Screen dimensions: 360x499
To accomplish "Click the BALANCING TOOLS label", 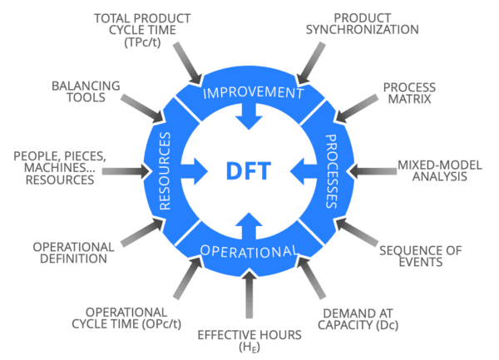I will point(86,92).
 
